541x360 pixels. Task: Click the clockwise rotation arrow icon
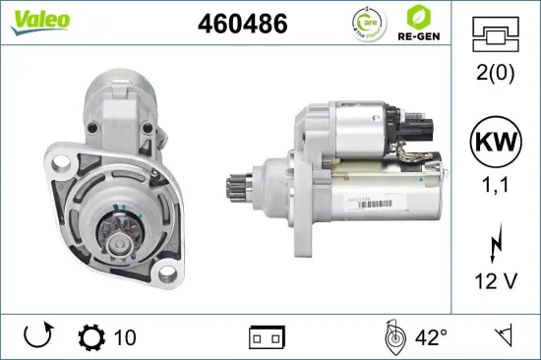click(37, 337)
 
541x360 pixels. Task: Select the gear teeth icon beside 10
click(90, 337)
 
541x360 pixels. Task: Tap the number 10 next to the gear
click(125, 337)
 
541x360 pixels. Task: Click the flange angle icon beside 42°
click(392, 337)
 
